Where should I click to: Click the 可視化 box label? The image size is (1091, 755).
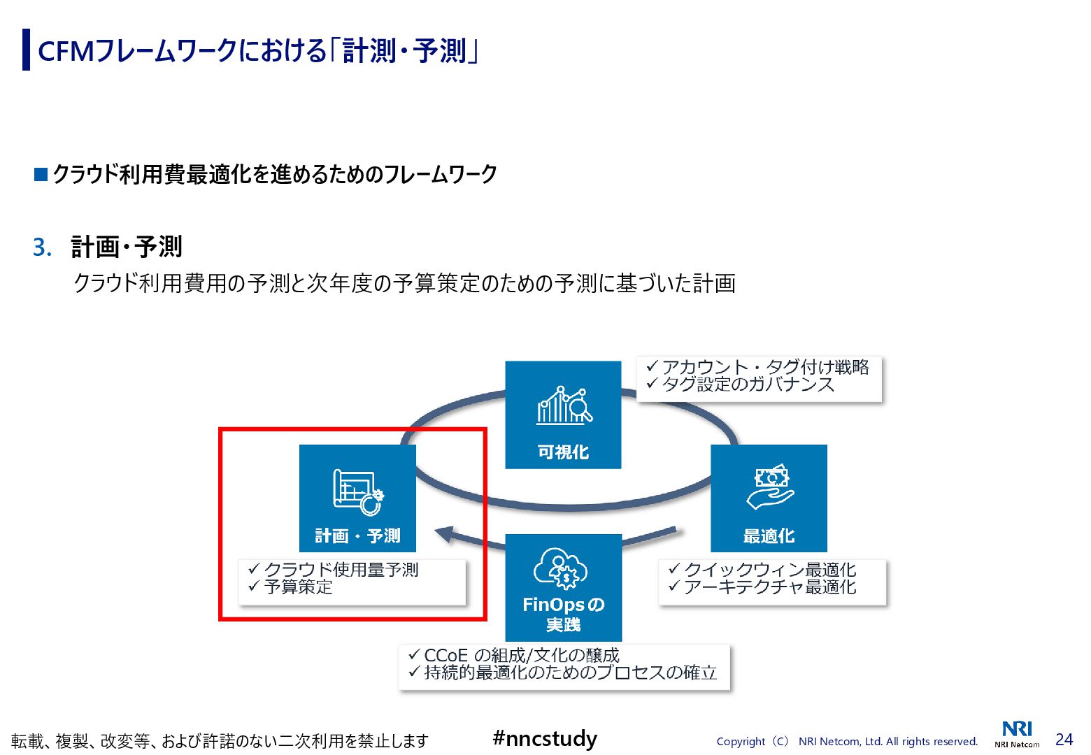563,452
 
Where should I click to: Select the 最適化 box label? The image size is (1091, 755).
769,536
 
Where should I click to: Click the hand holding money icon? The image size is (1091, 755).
769,487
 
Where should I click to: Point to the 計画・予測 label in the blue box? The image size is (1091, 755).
357,536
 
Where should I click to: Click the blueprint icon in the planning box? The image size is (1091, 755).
357,491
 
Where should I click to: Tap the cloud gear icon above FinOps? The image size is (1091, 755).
561,568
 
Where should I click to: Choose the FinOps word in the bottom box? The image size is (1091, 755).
553,605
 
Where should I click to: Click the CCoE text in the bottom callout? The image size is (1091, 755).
445,656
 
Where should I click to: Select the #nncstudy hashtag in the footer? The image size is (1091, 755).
545,738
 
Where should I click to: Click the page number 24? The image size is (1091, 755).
1064,740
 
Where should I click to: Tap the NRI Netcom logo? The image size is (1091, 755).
1017,733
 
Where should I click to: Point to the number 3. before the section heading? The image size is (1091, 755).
42,247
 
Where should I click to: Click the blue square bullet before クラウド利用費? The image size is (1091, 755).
41,174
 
